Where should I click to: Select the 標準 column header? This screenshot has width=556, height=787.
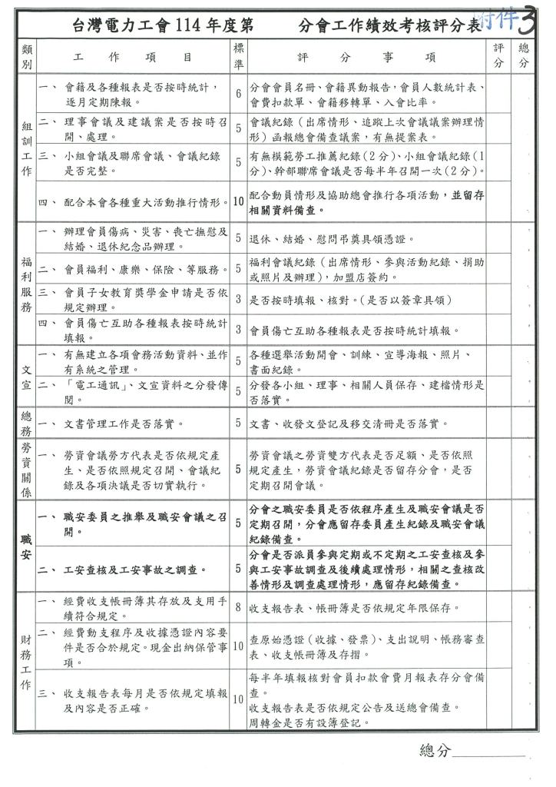tap(239, 56)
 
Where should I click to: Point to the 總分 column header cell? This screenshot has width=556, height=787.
tap(523, 56)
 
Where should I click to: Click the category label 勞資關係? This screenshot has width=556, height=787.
tap(25, 469)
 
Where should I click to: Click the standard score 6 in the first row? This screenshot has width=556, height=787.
tap(239, 94)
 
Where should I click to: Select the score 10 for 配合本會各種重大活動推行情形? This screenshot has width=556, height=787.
tap(239, 202)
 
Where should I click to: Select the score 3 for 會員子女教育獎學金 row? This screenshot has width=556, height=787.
tap(239, 301)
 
